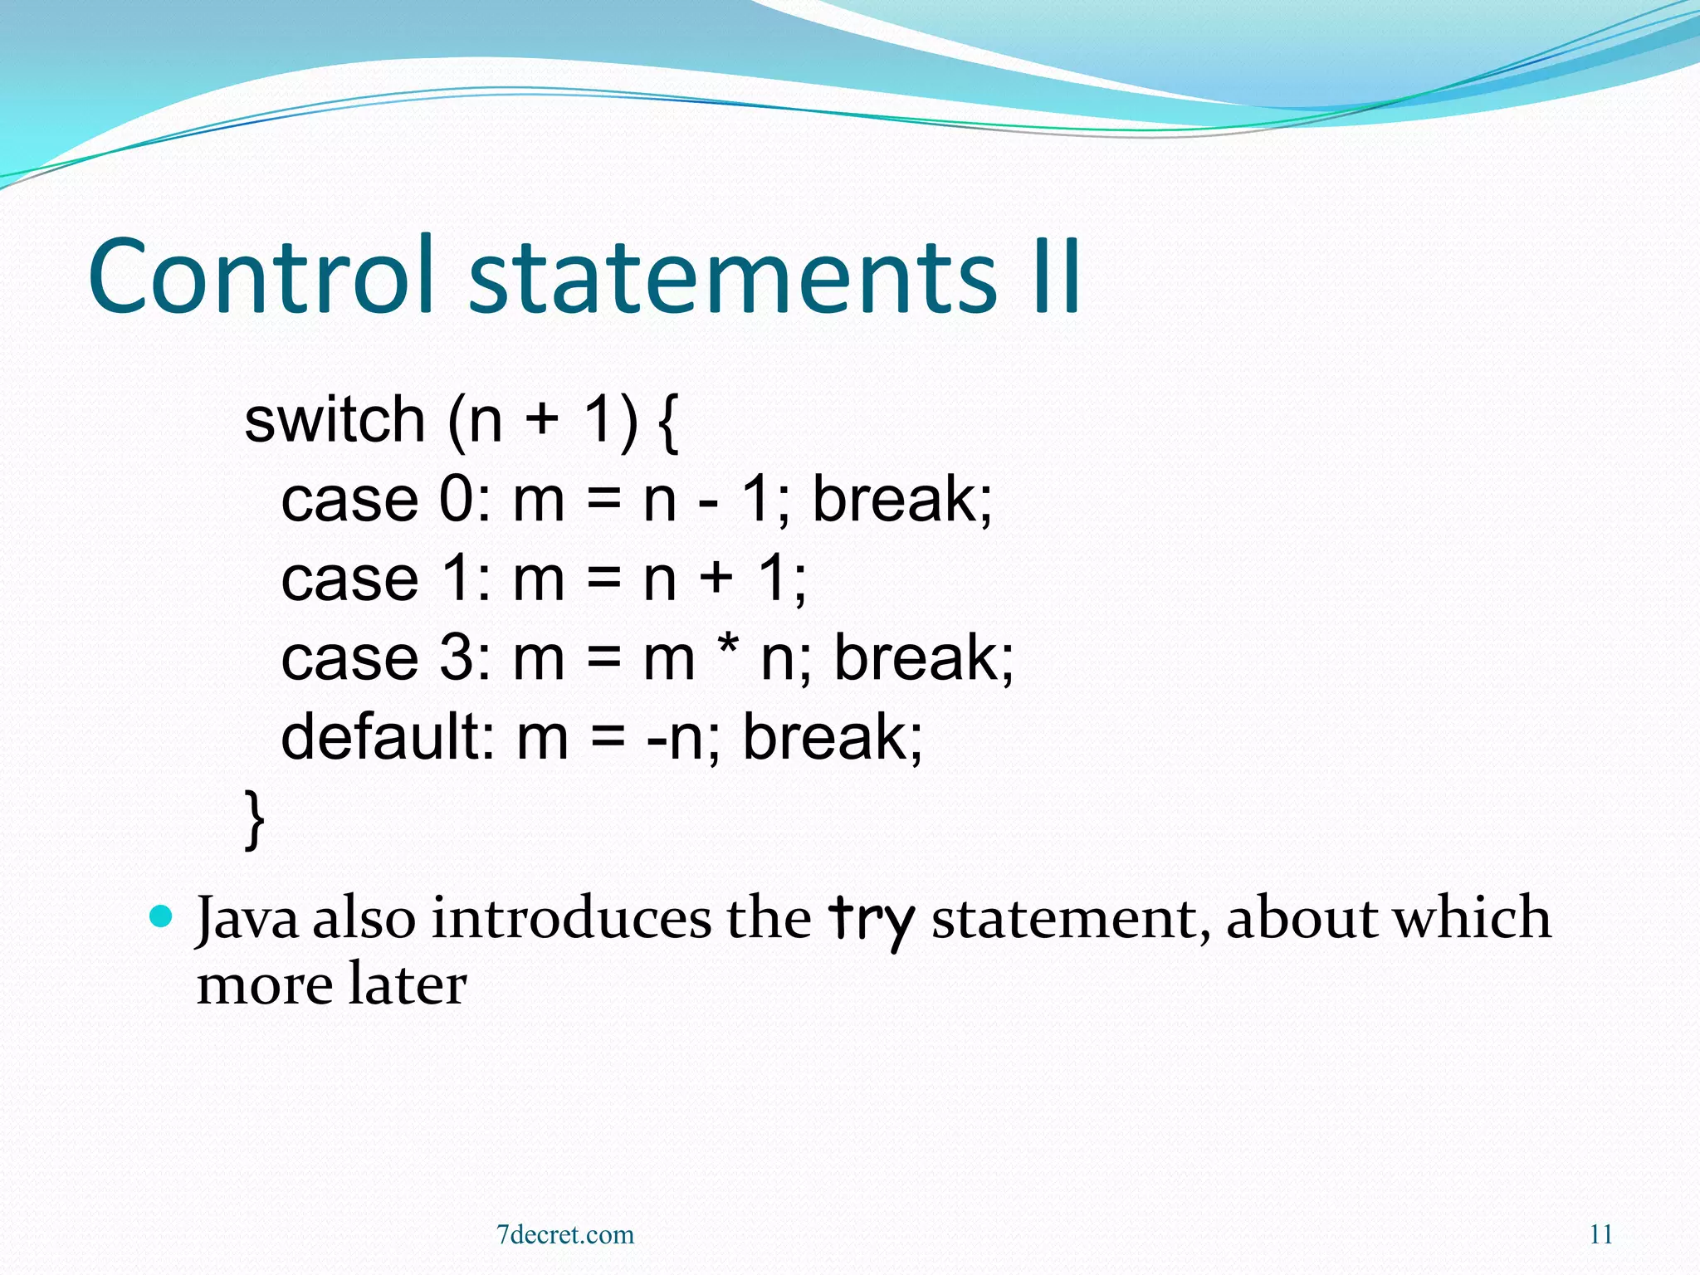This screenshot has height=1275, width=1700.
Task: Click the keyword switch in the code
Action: tap(335, 420)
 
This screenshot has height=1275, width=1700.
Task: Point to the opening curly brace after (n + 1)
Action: tap(667, 423)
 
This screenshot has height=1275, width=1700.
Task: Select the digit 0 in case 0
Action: tap(456, 500)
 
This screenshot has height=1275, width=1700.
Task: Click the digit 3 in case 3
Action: tap(456, 658)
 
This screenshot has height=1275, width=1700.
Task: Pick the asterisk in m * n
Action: tap(727, 649)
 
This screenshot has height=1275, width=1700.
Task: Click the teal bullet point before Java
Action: tap(161, 917)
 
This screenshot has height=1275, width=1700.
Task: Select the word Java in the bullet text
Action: tap(247, 920)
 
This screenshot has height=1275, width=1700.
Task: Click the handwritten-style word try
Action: tap(871, 920)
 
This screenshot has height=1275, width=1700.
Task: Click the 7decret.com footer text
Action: tap(564, 1234)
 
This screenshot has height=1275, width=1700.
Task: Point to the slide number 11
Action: tap(1601, 1234)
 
